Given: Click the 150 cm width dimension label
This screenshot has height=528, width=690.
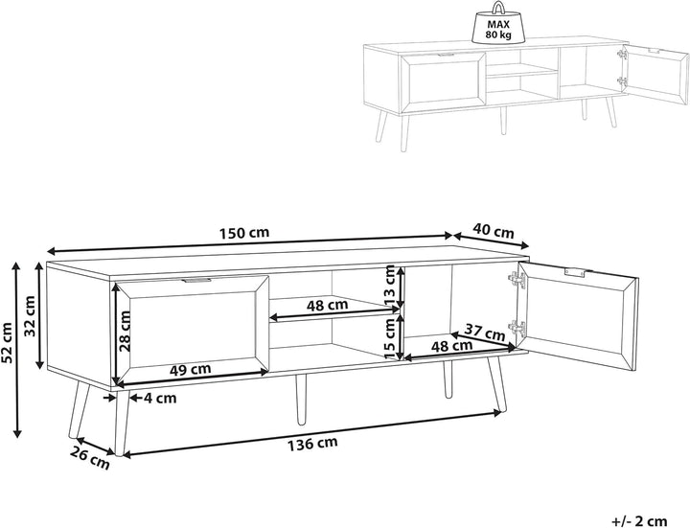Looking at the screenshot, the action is coord(243,232).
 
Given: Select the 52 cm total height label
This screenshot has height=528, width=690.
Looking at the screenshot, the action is coord(7,344).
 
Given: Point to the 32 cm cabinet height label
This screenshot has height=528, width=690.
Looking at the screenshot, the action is coord(30,316).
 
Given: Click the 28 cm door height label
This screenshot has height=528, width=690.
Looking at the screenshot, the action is coord(125,331).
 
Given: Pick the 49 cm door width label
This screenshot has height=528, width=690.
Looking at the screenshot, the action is coord(190,369).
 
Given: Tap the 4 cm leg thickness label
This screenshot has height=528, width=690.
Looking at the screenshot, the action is coord(160,399).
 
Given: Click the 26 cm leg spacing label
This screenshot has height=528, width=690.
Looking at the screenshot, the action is coord(90,458).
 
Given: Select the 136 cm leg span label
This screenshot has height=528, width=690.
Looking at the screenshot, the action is coord(312,444).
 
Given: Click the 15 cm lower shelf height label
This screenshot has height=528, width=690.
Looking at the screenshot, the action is coord(390,338).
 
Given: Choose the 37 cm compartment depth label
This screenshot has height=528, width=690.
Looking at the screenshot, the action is coord(485,333).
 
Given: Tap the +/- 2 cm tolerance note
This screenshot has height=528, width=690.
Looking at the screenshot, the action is coord(639,521).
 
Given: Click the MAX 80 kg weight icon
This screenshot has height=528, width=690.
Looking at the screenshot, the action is coord(498,24).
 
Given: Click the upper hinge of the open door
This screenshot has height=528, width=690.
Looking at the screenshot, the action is coord(517,280).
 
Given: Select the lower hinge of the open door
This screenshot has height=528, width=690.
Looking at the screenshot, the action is coord(517,329).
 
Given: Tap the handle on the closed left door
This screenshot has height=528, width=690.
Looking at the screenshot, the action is coord(195,280).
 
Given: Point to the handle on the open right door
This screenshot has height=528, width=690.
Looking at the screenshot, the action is coord(576,272).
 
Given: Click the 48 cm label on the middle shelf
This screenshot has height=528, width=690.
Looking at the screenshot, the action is coord(327,305).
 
